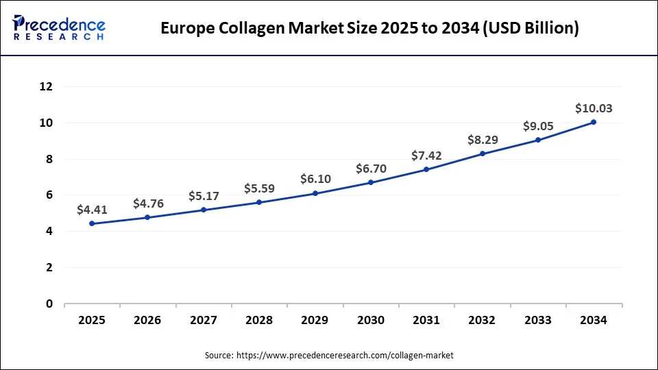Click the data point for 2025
point(92,223)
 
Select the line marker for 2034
point(594,122)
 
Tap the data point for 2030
point(371,182)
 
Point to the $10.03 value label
point(594,108)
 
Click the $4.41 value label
point(92,210)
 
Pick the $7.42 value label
point(426,156)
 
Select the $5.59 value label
point(259,188)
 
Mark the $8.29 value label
point(482,140)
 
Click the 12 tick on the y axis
point(47,87)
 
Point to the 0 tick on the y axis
point(49,304)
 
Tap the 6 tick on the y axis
point(49,195)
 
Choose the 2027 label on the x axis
point(204,320)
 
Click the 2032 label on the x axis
point(482,320)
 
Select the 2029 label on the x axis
point(315,320)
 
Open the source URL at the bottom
point(345,356)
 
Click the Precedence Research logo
point(59,27)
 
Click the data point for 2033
point(538,140)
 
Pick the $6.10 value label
point(315,180)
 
